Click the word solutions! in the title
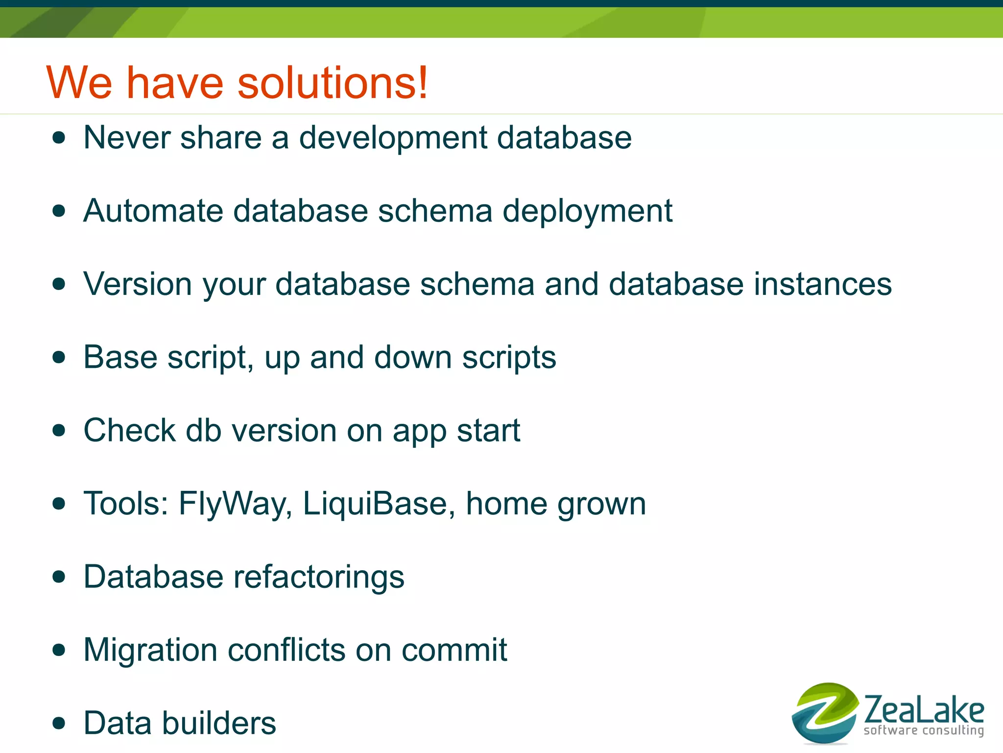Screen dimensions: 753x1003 tap(333, 82)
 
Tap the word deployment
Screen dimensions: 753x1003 tap(587, 212)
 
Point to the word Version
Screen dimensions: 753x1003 tap(138, 284)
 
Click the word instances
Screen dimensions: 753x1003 tap(823, 284)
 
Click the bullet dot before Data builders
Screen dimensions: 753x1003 tap(59, 723)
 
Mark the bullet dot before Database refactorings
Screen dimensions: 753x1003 tap(59, 577)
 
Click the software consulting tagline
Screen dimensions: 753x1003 tap(924, 730)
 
